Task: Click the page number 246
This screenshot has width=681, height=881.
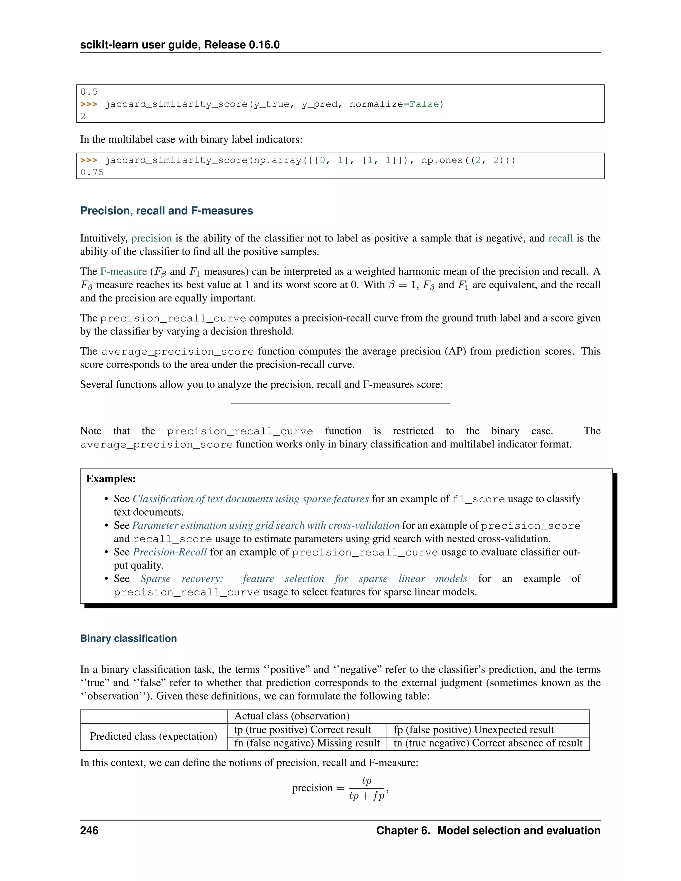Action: (89, 830)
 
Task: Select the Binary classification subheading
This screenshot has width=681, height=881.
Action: (128, 638)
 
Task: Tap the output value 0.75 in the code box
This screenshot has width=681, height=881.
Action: (92, 173)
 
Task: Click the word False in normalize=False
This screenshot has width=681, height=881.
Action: (424, 104)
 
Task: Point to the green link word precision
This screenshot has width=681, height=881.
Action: (151, 238)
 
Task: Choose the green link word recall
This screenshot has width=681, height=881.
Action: (560, 238)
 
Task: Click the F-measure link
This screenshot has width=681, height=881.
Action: (123, 272)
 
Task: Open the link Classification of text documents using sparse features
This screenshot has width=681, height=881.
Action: (250, 499)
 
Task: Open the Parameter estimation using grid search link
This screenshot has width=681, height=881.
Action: (265, 526)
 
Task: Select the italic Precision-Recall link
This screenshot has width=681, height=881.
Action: (170, 552)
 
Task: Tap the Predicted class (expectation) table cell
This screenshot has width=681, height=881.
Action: (153, 736)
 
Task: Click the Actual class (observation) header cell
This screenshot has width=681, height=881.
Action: (292, 716)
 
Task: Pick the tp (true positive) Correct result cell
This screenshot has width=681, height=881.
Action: (303, 730)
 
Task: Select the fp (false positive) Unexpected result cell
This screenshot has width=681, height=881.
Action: (474, 730)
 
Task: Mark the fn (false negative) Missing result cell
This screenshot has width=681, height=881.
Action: (307, 743)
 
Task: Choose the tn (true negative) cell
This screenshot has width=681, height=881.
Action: (488, 743)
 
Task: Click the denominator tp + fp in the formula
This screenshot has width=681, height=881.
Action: (366, 796)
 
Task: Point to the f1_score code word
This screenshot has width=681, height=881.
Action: (478, 499)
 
